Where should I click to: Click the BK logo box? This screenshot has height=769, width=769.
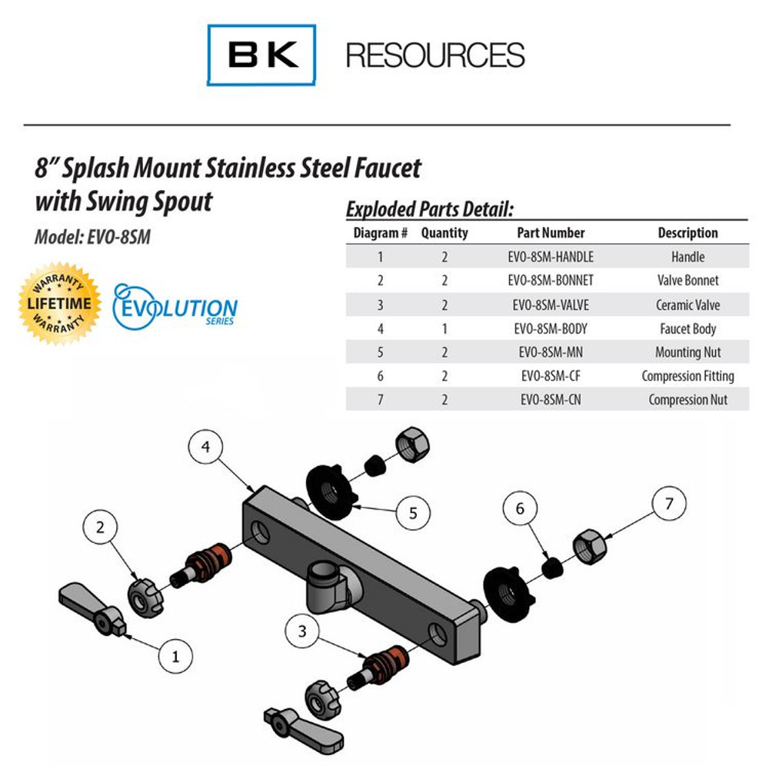pos(261,55)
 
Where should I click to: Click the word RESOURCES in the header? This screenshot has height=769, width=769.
pos(435,55)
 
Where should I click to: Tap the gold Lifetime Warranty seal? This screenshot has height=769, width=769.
pos(59,303)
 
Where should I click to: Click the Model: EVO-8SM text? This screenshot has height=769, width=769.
pos(92,238)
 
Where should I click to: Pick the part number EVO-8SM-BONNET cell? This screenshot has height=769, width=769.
pos(551,281)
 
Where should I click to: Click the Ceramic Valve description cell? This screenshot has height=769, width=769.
pos(687,305)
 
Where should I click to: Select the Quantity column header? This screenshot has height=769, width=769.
pos(444,233)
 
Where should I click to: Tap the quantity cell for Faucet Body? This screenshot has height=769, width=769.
pos(444,328)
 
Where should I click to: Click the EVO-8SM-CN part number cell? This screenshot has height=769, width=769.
pos(551,400)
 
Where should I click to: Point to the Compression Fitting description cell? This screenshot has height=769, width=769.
pos(687,376)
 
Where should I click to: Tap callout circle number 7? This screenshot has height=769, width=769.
pos(668,504)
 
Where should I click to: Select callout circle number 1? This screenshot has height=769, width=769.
pos(175,656)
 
